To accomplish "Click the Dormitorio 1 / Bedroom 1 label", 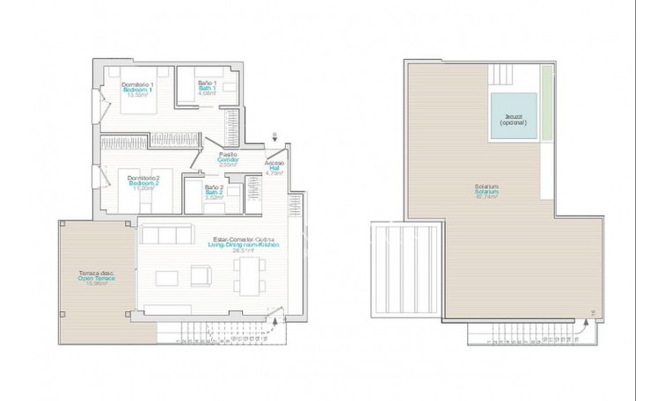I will click(135, 88).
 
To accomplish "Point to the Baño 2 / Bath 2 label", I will click(212, 191).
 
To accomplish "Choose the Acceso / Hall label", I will click(274, 168).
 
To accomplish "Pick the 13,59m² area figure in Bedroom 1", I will click(135, 97).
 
